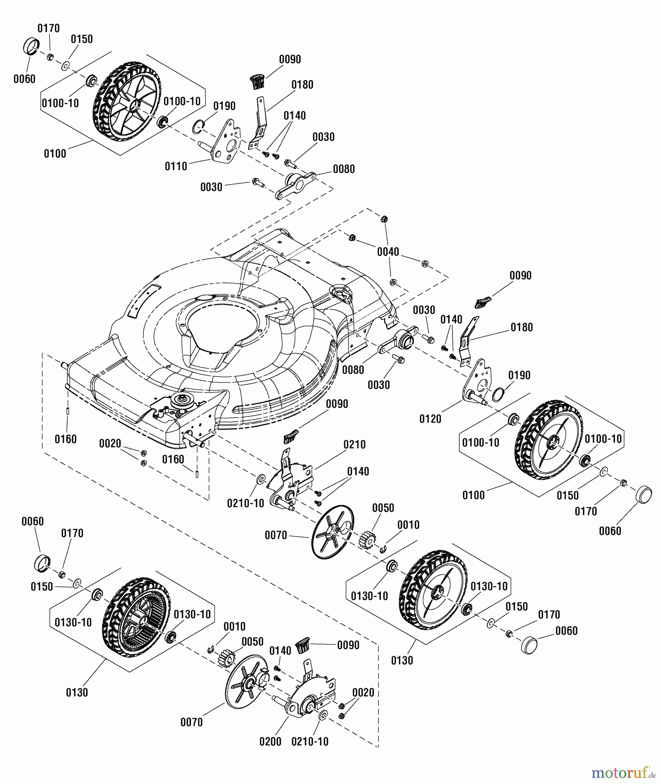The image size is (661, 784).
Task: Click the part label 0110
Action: pos(176,166)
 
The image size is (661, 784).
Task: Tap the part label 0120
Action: pos(430,419)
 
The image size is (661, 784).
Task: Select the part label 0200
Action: pos(270,741)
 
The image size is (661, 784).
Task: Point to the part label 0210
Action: pos(354,444)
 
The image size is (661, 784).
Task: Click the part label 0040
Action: pos(388,251)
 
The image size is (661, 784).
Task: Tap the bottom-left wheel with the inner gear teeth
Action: pos(136,617)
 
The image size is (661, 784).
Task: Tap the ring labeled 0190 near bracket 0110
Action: pos(198,126)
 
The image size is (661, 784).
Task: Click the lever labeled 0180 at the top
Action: pos(260,122)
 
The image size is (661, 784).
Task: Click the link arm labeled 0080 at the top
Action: pos(295,185)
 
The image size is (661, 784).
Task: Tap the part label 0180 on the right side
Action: pos(521,327)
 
